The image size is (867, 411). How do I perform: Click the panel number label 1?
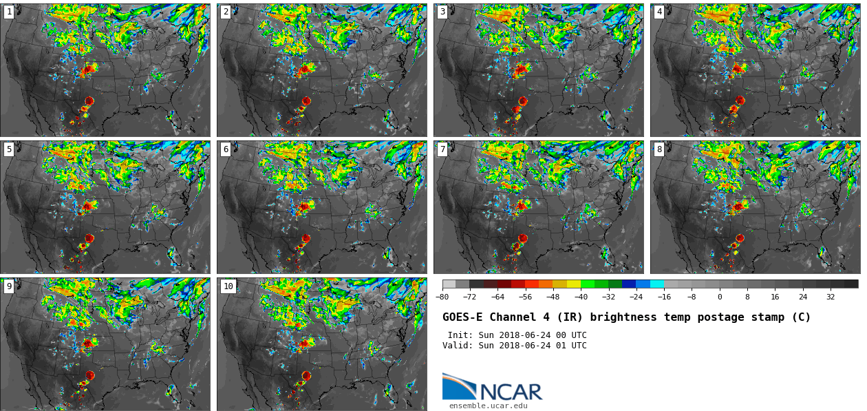click(9, 12)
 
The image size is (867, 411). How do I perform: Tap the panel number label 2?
click(226, 12)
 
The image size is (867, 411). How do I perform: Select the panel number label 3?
click(442, 12)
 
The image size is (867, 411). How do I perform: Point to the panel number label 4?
click(659, 12)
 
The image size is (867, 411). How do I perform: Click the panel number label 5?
click(9, 149)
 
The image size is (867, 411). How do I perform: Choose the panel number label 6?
click(226, 149)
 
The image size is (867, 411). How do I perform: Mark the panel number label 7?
click(442, 149)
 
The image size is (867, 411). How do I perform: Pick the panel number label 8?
click(659, 149)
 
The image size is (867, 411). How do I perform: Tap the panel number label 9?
click(9, 286)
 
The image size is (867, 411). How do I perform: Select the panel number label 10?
click(228, 286)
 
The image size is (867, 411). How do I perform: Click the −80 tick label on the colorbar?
click(442, 297)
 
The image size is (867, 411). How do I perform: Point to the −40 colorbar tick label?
click(581, 297)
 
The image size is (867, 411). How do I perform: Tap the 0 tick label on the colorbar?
click(720, 297)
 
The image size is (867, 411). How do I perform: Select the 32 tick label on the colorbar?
click(831, 297)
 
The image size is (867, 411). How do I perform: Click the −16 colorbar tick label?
click(664, 297)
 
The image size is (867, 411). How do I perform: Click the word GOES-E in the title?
click(462, 317)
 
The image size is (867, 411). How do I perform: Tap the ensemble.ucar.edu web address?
click(489, 406)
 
